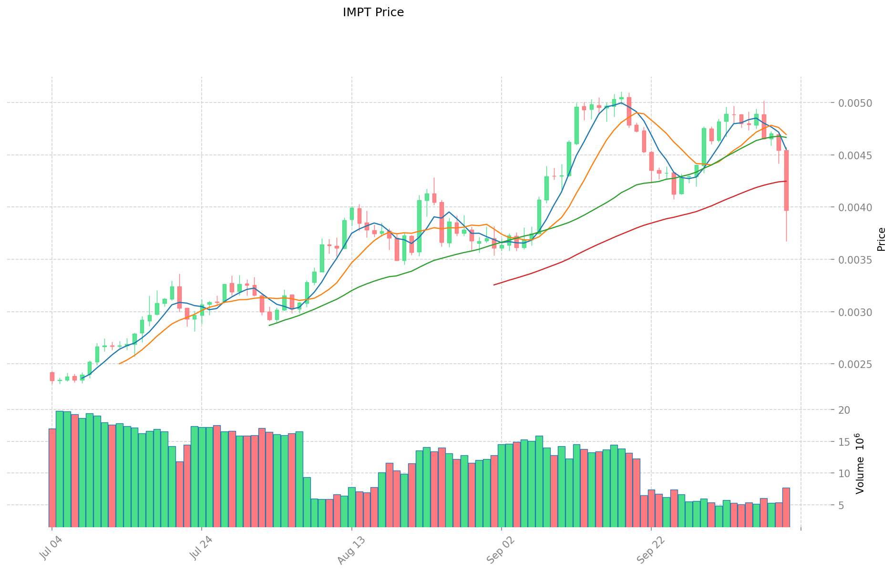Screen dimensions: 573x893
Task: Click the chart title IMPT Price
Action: pyautogui.click(x=373, y=12)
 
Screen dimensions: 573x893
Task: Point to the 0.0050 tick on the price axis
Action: pyautogui.click(x=856, y=103)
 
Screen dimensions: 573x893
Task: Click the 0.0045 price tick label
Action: pyautogui.click(x=856, y=156)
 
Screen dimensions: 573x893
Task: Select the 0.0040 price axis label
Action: pyautogui.click(x=856, y=208)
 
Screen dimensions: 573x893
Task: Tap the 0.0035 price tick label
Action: pyautogui.click(x=856, y=260)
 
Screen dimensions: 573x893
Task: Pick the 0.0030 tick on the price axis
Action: pyautogui.click(x=856, y=313)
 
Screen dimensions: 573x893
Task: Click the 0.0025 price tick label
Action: pyautogui.click(x=856, y=365)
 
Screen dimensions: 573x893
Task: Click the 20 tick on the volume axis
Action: pyautogui.click(x=844, y=410)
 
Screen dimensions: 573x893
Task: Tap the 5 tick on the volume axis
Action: pyautogui.click(x=847, y=505)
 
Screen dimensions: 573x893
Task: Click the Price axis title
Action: pyautogui.click(x=881, y=239)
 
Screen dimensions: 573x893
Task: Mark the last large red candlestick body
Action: pyautogui.click(x=786, y=180)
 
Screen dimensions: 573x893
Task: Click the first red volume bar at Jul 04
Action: pyautogui.click(x=52, y=477)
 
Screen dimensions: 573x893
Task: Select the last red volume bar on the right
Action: pyautogui.click(x=786, y=507)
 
